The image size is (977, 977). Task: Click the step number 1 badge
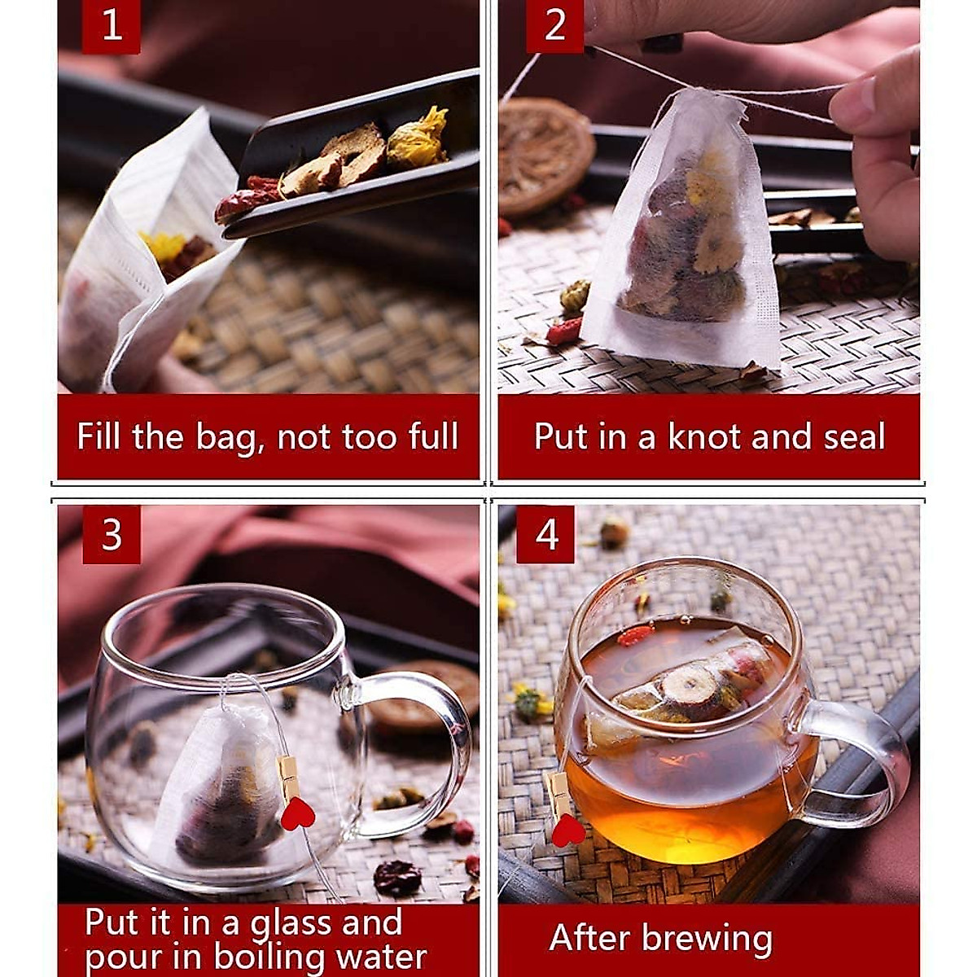click(112, 27)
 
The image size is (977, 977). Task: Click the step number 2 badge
click(554, 27)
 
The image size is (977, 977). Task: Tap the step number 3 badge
click(112, 534)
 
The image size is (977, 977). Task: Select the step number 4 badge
click(546, 534)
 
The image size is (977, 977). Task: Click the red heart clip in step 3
click(297, 813)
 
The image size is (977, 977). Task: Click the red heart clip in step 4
click(567, 830)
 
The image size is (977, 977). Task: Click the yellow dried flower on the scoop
click(417, 138)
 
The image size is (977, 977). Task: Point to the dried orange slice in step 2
click(544, 155)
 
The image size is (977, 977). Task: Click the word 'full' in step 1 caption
click(433, 436)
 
